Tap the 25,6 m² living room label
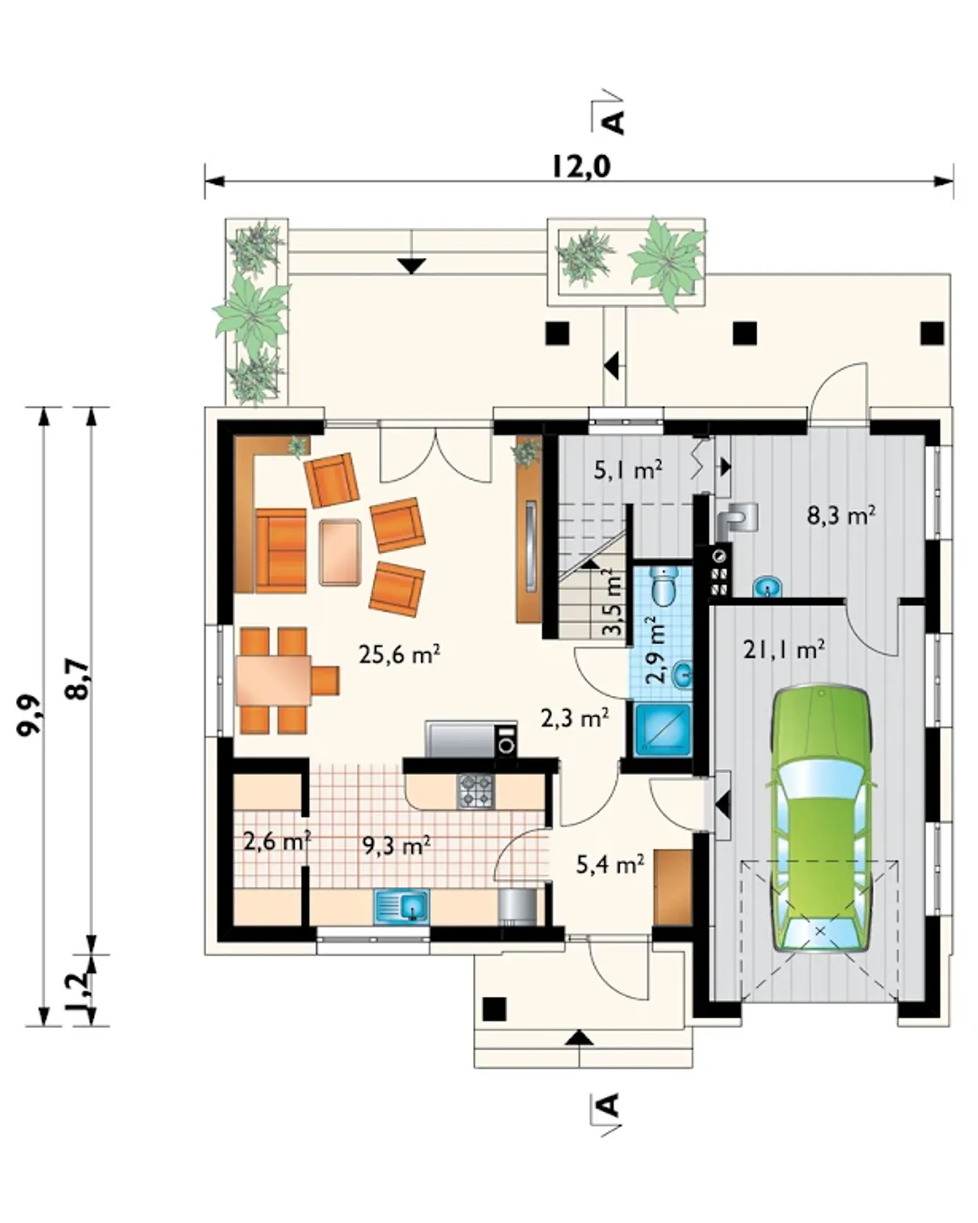pyautogui.click(x=400, y=655)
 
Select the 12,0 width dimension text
pyautogui.click(x=581, y=167)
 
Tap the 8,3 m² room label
pyautogui.click(x=841, y=516)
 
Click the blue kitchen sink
pyautogui.click(x=401, y=907)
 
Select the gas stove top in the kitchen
pyautogui.click(x=476, y=791)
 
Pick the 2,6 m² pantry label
pyautogui.click(x=277, y=841)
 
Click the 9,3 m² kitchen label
pyautogui.click(x=397, y=846)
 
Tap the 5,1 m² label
pyautogui.click(x=628, y=471)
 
